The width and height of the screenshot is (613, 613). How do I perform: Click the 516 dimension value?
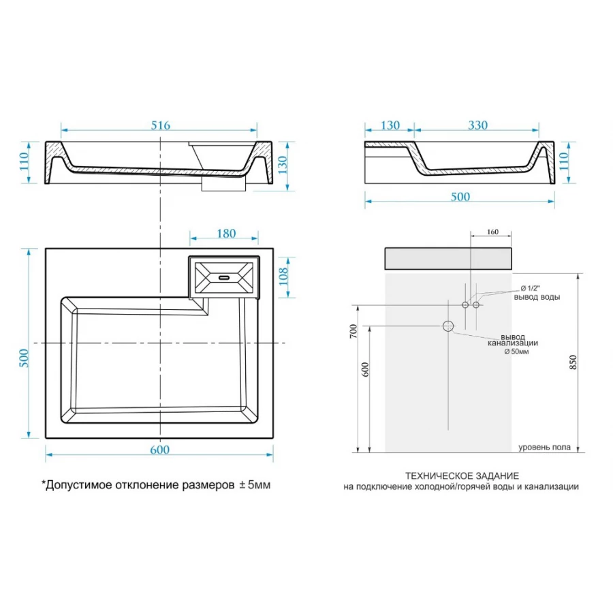(161, 125)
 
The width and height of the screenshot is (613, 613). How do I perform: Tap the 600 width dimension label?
(159, 450)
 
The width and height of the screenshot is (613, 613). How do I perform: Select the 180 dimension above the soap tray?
(226, 234)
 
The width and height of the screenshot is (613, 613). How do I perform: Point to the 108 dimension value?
(283, 277)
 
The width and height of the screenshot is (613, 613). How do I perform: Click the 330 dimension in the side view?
(477, 125)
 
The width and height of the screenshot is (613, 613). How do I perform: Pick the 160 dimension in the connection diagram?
(492, 232)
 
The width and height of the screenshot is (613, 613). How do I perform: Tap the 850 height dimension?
(573, 362)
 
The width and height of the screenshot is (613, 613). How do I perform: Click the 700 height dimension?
(353, 331)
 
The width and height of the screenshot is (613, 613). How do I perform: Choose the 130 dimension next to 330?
(390, 125)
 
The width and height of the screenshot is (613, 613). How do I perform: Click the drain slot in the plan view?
(224, 278)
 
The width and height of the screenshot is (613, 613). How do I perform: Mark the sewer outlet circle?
(448, 326)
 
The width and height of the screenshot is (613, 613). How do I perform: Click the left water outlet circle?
(465, 304)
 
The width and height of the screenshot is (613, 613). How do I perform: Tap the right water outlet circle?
(476, 304)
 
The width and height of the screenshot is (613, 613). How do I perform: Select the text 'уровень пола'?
(544, 447)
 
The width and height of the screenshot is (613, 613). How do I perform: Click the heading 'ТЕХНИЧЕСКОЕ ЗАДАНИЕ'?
(462, 476)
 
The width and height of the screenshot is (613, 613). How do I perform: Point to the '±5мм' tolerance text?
(255, 485)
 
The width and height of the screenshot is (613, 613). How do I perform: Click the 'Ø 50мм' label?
(516, 351)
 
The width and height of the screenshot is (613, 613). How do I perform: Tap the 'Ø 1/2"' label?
(530, 289)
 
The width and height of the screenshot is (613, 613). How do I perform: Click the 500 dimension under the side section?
(460, 197)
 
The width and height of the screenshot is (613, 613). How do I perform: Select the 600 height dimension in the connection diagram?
(365, 369)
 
